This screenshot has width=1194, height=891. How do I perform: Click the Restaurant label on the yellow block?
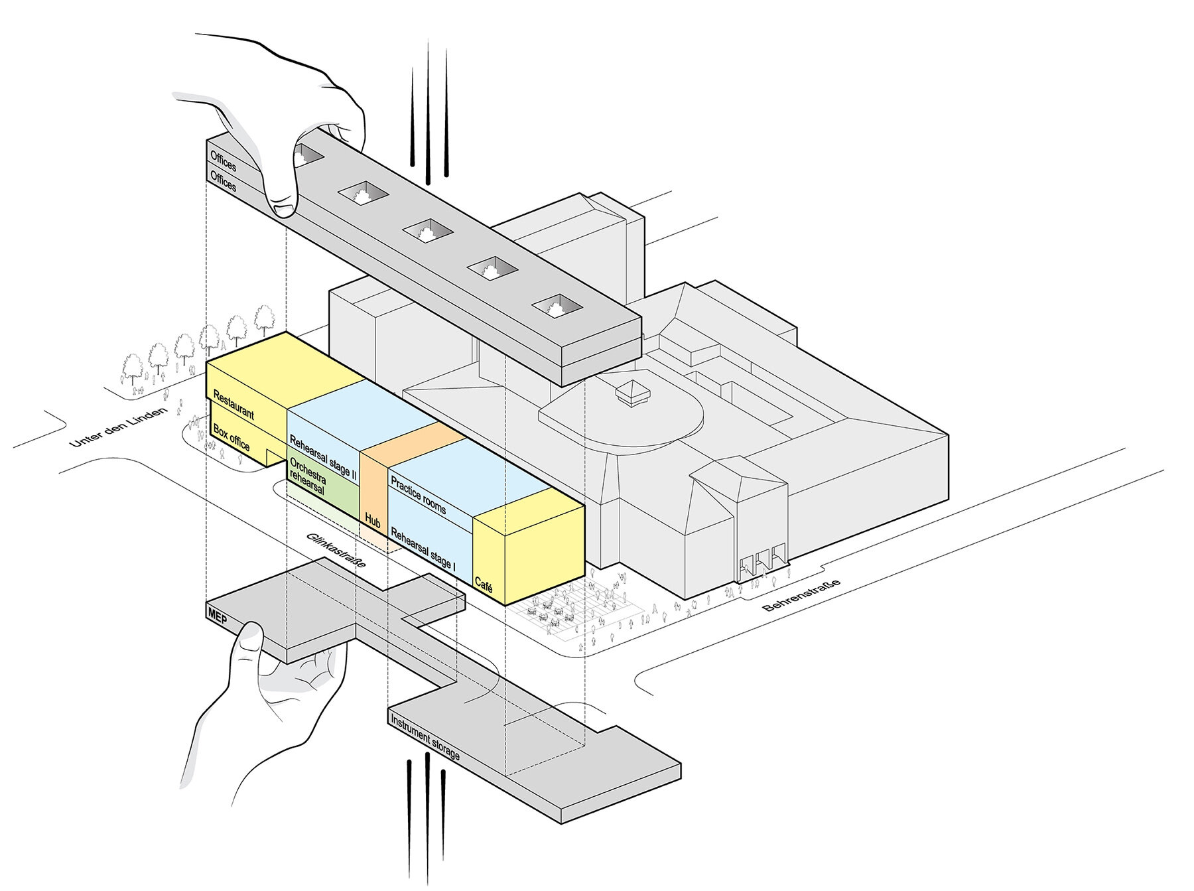click(x=233, y=404)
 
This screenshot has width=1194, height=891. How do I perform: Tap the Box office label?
click(x=232, y=439)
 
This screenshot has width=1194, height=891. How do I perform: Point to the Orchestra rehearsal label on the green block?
click(x=308, y=475)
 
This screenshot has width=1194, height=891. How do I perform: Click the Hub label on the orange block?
click(x=373, y=523)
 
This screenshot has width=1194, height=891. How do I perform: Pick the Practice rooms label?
click(x=419, y=495)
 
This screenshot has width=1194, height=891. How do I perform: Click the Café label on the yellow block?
click(x=484, y=584)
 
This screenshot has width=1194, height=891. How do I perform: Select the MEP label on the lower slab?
click(x=218, y=614)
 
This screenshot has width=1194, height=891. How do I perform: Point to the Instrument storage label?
click(x=425, y=738)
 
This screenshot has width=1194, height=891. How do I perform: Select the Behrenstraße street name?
click(x=801, y=595)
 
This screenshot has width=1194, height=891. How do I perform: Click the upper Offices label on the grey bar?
click(x=224, y=161)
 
